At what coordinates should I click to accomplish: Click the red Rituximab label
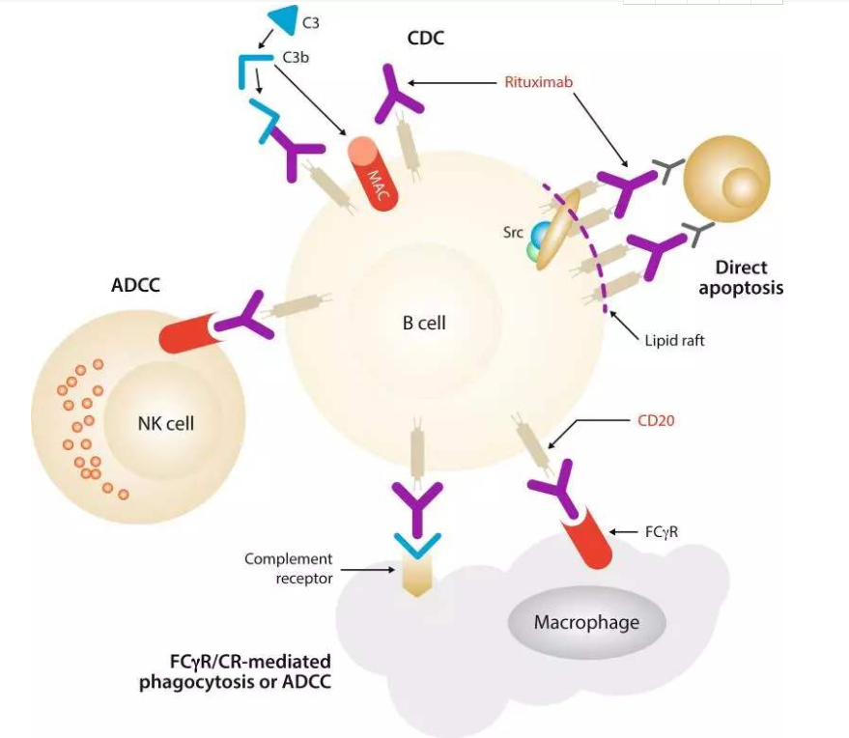(x=538, y=82)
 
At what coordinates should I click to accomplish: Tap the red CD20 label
(x=658, y=420)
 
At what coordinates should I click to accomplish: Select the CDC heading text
(x=425, y=39)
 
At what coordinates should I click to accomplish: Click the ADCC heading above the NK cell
(x=135, y=286)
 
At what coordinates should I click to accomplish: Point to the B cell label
(x=424, y=323)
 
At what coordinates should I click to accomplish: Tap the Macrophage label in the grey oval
(x=586, y=622)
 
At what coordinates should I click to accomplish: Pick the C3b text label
(x=296, y=57)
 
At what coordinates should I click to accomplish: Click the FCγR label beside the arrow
(x=662, y=531)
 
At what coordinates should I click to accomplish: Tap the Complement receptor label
(x=288, y=568)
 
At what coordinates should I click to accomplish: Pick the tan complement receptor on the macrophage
(x=416, y=576)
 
